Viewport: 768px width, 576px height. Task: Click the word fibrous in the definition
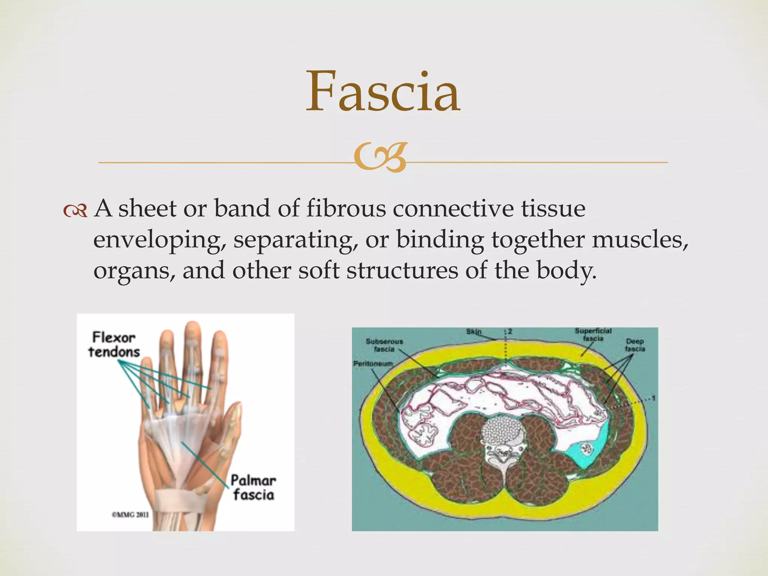point(346,208)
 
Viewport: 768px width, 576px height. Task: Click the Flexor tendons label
point(114,345)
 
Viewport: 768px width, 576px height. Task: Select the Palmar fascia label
point(253,487)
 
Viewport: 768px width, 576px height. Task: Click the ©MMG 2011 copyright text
point(130,514)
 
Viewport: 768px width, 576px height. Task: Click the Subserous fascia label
point(384,345)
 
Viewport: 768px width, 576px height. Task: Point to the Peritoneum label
point(373,364)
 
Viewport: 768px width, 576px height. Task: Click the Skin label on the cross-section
point(474,332)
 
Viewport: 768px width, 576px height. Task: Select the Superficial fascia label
point(593,334)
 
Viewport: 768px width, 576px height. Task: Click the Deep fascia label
point(634,345)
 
